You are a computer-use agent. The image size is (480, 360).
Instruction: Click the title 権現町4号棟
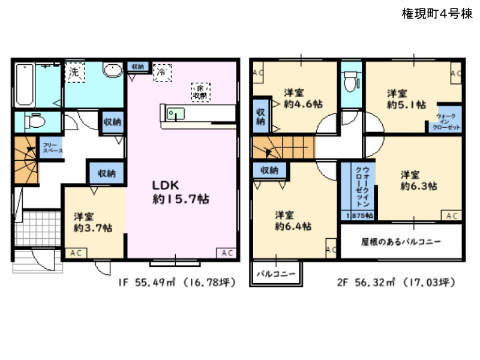click(436, 14)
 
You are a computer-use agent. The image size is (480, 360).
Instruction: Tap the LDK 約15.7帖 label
click(180, 192)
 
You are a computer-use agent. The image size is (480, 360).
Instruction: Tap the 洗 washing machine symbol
click(75, 73)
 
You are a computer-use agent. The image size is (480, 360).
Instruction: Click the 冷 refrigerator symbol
click(161, 71)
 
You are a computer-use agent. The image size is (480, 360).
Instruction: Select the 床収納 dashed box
click(200, 91)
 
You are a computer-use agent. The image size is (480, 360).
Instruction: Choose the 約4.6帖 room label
click(302, 98)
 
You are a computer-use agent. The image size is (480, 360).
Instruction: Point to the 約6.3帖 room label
click(418, 180)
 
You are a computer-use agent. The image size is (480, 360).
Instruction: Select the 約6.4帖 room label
click(293, 220)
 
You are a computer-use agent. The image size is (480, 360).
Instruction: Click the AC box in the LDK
click(227, 253)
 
